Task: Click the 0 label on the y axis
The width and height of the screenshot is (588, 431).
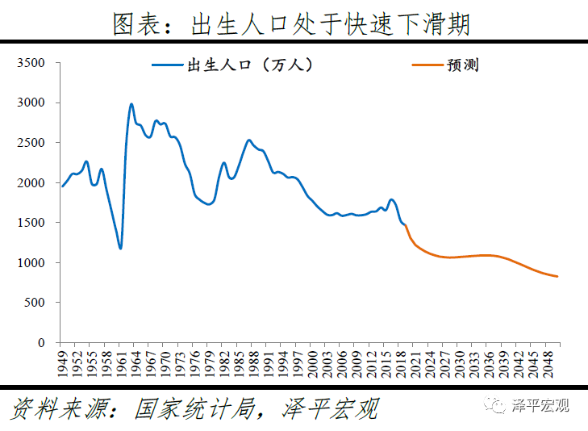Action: (41, 343)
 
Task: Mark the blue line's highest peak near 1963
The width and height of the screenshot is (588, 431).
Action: (131, 104)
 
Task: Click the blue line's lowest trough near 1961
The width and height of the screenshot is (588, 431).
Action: (121, 249)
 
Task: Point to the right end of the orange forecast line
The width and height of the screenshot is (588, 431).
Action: (557, 277)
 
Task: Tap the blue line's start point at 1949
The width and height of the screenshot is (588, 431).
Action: (63, 186)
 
